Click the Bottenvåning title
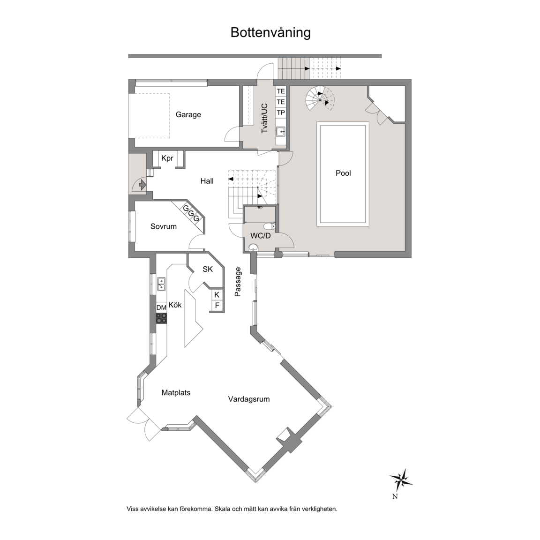coord(270,32)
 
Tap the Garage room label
coord(188,115)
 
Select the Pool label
coord(343,173)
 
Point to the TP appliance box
coord(281,112)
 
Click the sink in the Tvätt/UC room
coord(281,131)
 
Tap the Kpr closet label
coord(167,158)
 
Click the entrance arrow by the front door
coord(142,185)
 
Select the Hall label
coord(207,181)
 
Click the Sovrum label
coord(164,226)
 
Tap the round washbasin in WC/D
coord(254,247)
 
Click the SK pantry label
coord(208,270)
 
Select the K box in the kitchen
coord(217,295)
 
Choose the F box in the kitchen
coord(217,306)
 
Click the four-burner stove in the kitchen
coord(161,318)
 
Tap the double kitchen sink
coord(161,284)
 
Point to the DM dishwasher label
coord(161,307)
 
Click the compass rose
coord(401,480)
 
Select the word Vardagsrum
coord(248,399)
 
